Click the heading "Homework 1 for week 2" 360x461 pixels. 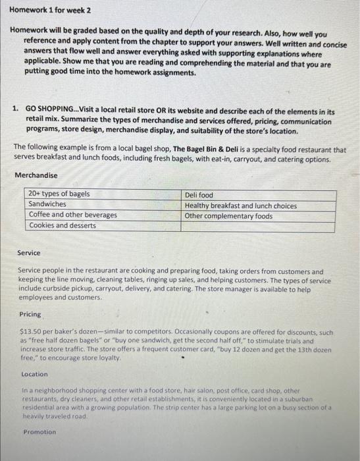click(x=50, y=11)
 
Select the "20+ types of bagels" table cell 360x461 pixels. click(x=59, y=194)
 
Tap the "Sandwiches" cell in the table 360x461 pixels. click(x=47, y=204)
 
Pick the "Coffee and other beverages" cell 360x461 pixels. click(x=73, y=215)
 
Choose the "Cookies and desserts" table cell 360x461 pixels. click(x=63, y=225)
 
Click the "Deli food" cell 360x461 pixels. click(x=199, y=195)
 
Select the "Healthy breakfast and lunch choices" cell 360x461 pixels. click(x=241, y=205)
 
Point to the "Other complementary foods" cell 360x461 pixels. click(x=229, y=215)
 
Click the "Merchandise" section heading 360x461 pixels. click(x=36, y=175)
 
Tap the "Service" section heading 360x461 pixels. click(x=29, y=253)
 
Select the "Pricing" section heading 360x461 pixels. click(x=30, y=314)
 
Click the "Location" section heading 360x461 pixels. click(x=34, y=373)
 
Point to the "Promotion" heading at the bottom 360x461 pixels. click(x=39, y=432)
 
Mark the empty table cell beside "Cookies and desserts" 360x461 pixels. click(x=258, y=226)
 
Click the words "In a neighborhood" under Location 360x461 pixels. click(x=47, y=390)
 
